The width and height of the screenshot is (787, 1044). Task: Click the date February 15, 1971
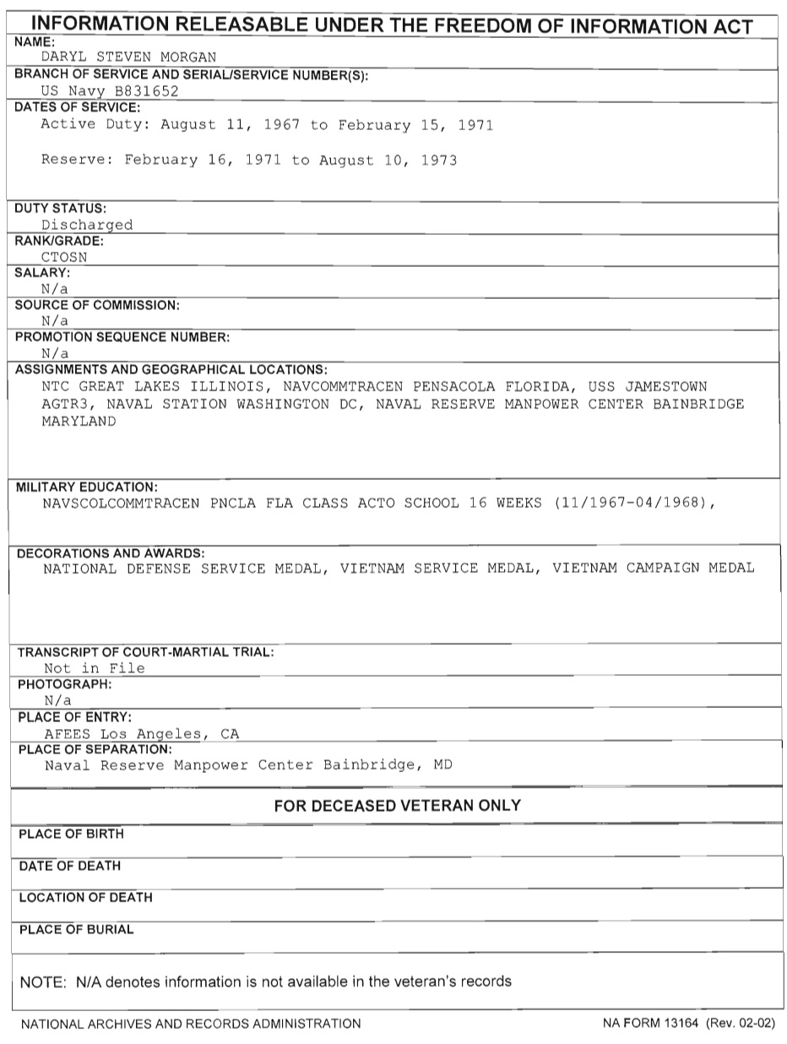click(x=415, y=125)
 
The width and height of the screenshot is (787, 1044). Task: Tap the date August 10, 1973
click(x=388, y=160)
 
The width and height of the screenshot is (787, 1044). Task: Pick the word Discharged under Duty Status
click(x=87, y=225)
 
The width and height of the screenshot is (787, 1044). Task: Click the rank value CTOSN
click(x=64, y=257)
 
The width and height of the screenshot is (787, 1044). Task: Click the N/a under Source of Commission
click(x=55, y=321)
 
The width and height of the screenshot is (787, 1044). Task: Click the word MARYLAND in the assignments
click(x=79, y=421)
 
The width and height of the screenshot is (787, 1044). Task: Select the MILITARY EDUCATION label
click(x=86, y=487)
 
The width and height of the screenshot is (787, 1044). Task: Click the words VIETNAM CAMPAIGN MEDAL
click(x=654, y=568)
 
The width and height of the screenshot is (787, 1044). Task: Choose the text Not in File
click(x=95, y=668)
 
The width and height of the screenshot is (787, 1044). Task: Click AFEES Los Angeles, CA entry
click(x=142, y=733)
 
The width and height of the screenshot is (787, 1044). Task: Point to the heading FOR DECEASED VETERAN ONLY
click(x=397, y=806)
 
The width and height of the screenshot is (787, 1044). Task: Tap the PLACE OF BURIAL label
click(x=76, y=929)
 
